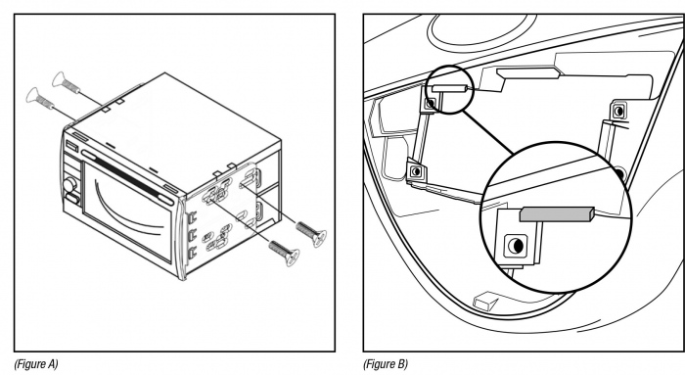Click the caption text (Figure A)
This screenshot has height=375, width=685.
[36, 364]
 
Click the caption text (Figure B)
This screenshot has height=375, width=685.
[385, 364]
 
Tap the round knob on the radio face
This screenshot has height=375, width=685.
[69, 185]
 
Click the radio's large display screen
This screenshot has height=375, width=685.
[127, 208]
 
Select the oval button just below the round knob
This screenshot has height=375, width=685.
[72, 200]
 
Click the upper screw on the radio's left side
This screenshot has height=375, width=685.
[66, 83]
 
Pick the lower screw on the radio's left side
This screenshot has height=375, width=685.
[40, 98]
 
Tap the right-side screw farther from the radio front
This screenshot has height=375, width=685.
[311, 232]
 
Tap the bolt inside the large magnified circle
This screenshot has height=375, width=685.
[516, 246]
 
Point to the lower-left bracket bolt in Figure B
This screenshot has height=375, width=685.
[416, 171]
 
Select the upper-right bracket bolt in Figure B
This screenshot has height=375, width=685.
[618, 111]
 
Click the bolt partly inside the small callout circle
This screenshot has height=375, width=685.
[431, 104]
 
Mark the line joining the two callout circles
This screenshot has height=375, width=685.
[488, 132]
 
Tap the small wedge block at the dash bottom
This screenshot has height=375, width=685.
[484, 302]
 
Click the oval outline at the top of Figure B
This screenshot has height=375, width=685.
[480, 28]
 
